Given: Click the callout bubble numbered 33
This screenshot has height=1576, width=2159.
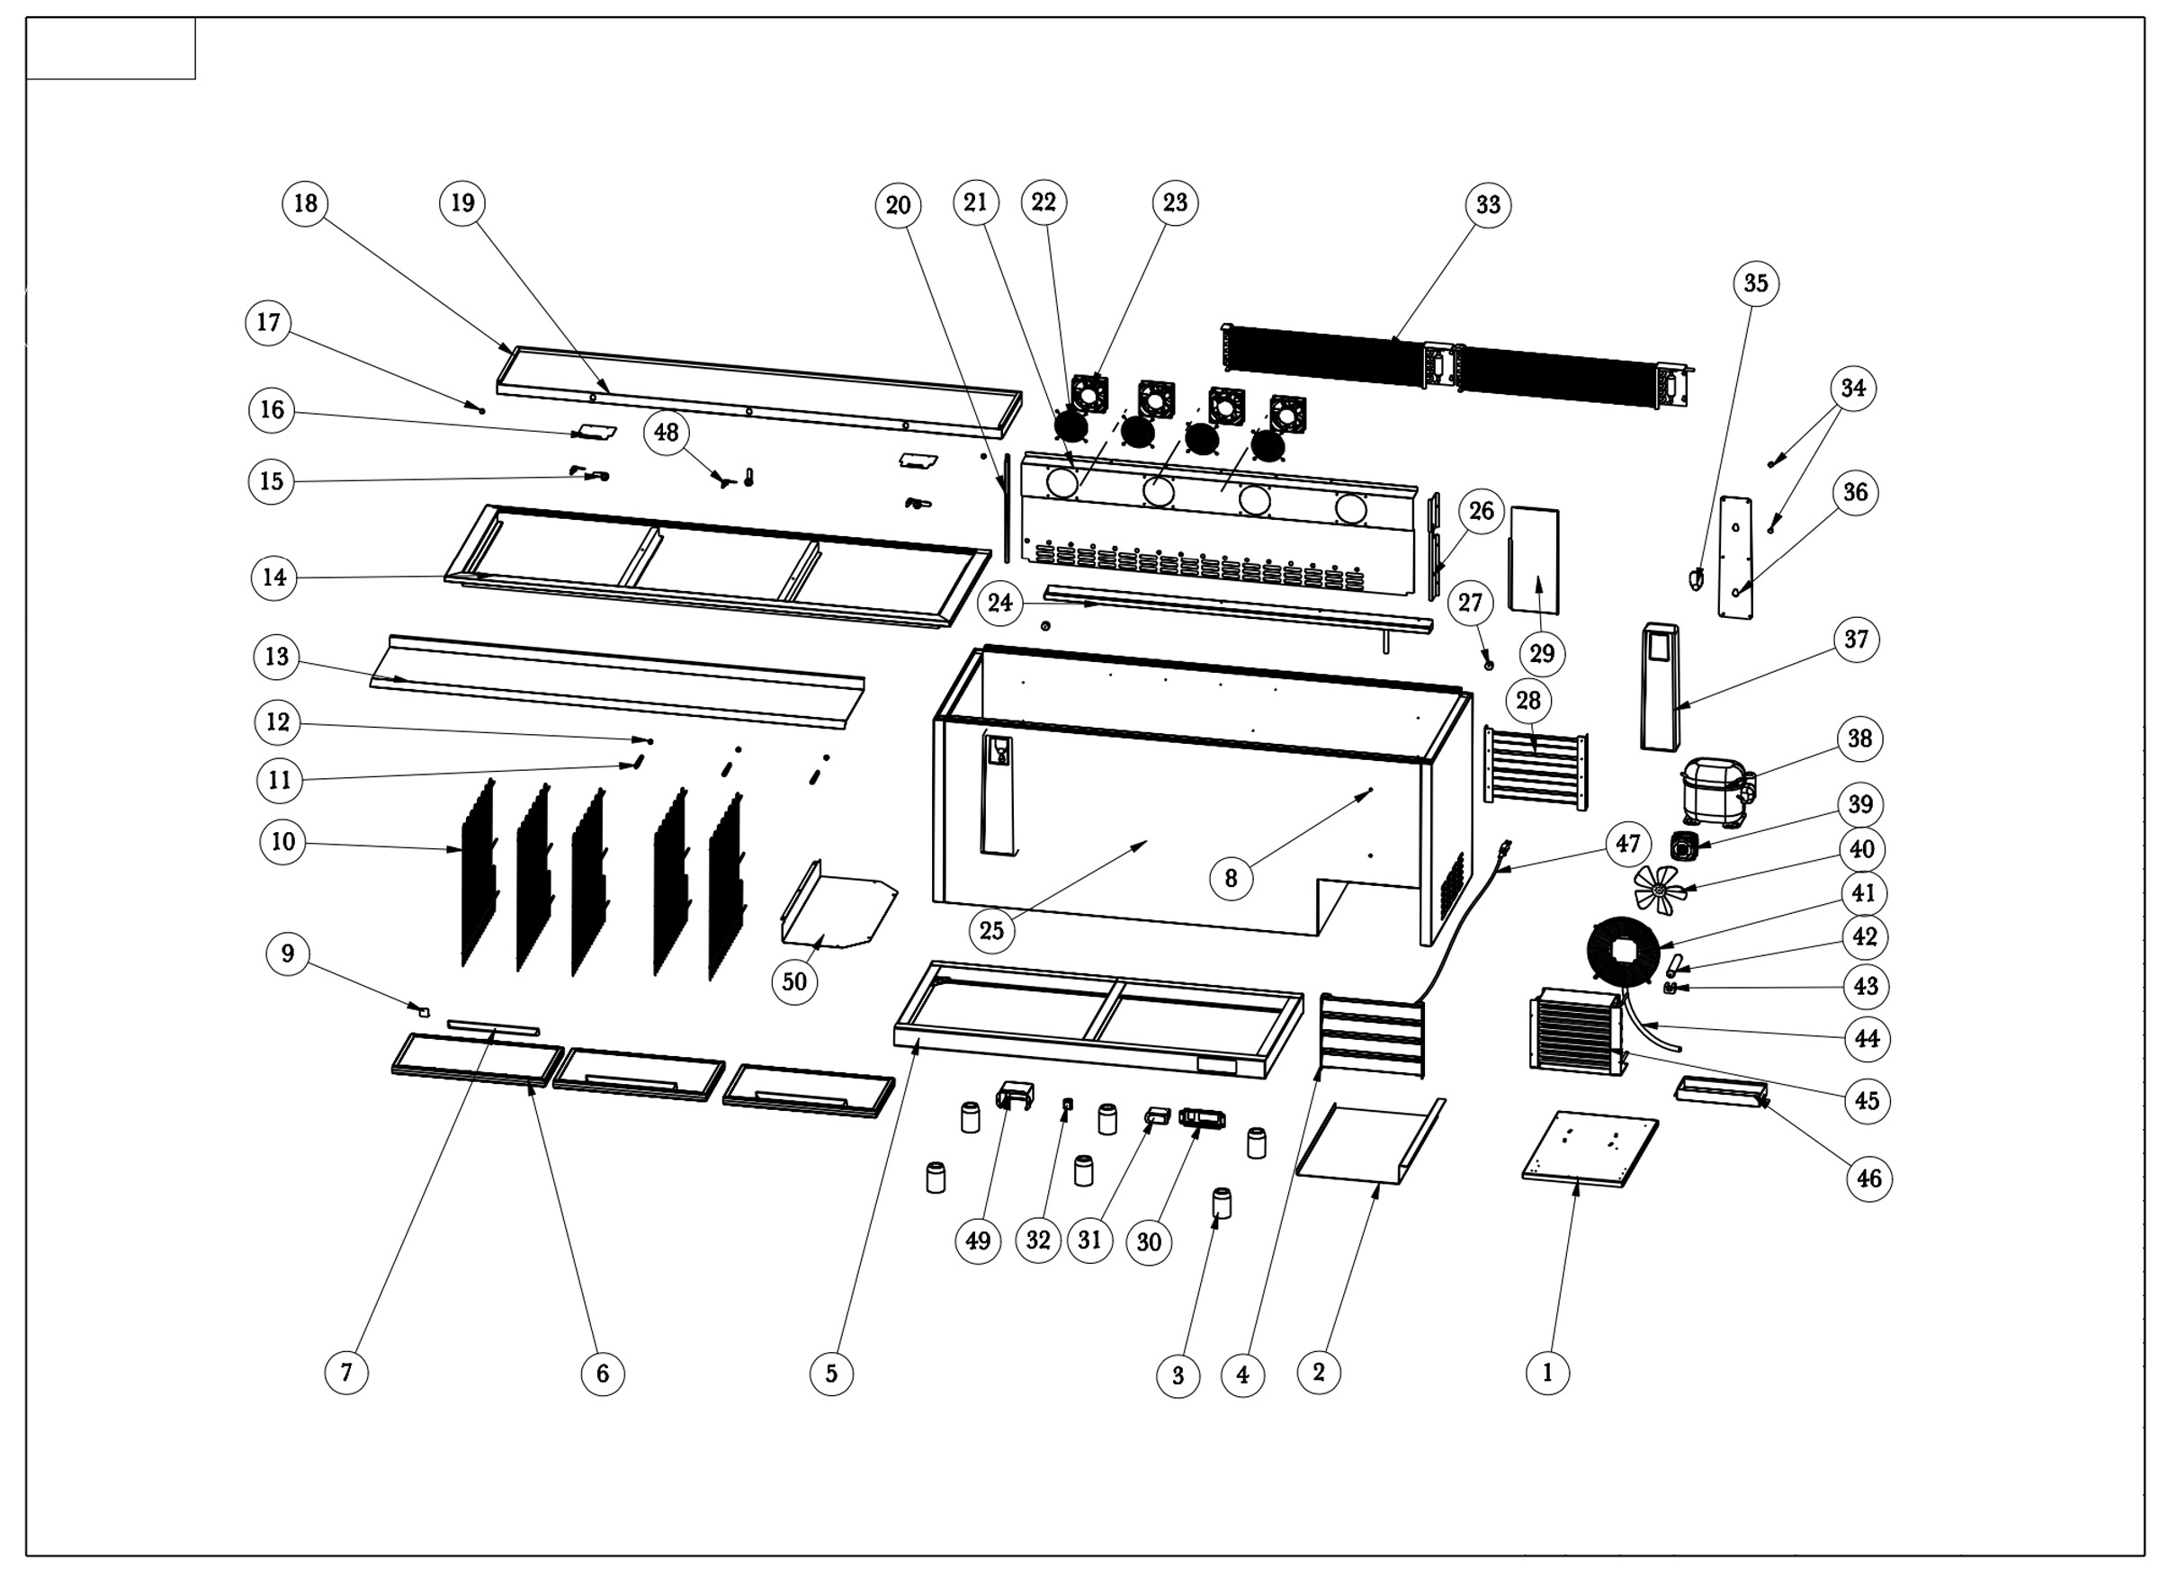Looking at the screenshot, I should [1487, 205].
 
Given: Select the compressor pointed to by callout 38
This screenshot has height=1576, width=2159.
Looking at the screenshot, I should [1715, 790].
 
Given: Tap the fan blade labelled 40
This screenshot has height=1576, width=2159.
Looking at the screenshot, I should [1661, 889].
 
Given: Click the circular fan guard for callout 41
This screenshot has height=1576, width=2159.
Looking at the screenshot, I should [1625, 951].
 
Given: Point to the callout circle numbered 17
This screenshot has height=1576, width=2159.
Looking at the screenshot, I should [268, 322].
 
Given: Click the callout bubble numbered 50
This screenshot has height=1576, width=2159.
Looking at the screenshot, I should [793, 981].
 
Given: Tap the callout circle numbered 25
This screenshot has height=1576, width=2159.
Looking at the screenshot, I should [991, 930].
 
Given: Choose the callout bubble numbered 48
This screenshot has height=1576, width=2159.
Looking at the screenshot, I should [666, 433].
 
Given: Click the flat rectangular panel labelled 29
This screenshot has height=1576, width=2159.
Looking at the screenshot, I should [1534, 561].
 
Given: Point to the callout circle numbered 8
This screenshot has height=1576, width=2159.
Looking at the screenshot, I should [1231, 878].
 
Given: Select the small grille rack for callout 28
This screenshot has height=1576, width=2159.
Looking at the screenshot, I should [1535, 767].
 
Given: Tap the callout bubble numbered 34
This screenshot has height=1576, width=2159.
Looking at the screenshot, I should [1853, 389].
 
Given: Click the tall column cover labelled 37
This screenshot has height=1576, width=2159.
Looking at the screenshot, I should [1659, 687].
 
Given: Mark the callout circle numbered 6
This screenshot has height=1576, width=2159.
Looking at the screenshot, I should [602, 1374].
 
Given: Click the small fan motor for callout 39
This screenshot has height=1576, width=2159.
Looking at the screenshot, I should [1684, 846].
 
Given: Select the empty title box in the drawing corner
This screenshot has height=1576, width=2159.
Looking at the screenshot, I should [111, 49].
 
